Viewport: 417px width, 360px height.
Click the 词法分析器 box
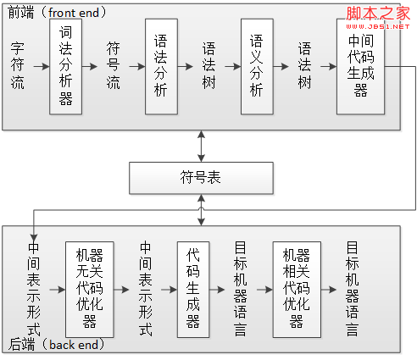click(x=65, y=67)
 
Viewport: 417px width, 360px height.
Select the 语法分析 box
click(x=161, y=67)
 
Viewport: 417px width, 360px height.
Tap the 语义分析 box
click(x=257, y=67)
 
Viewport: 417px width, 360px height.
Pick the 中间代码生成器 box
click(x=360, y=67)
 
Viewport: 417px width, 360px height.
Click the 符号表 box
click(x=201, y=178)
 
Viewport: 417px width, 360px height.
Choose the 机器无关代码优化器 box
click(x=90, y=290)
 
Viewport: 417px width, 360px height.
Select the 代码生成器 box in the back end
click(x=193, y=290)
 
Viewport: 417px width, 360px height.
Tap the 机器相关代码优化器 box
click(x=297, y=290)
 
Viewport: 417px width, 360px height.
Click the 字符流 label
click(x=18, y=66)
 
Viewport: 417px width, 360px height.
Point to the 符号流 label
click(x=114, y=66)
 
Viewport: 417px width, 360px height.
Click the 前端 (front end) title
click(x=57, y=13)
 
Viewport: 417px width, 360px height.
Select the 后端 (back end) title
click(x=57, y=345)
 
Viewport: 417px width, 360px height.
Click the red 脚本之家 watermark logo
click(x=378, y=14)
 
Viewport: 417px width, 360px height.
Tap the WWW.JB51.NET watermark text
click(x=378, y=26)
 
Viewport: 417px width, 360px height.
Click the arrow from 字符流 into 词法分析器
click(x=42, y=67)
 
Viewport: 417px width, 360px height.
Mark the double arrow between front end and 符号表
click(x=201, y=147)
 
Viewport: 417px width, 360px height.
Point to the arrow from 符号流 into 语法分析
click(x=137, y=67)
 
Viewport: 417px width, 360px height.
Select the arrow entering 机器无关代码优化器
click(x=58, y=290)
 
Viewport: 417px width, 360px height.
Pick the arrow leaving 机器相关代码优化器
click(x=329, y=290)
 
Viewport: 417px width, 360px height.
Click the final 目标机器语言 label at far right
click(x=353, y=289)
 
